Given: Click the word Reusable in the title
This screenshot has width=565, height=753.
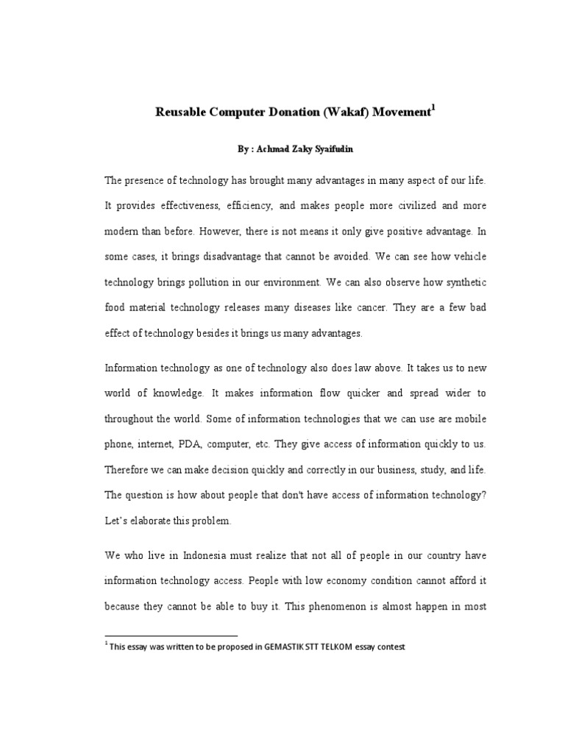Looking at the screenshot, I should [181, 113].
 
